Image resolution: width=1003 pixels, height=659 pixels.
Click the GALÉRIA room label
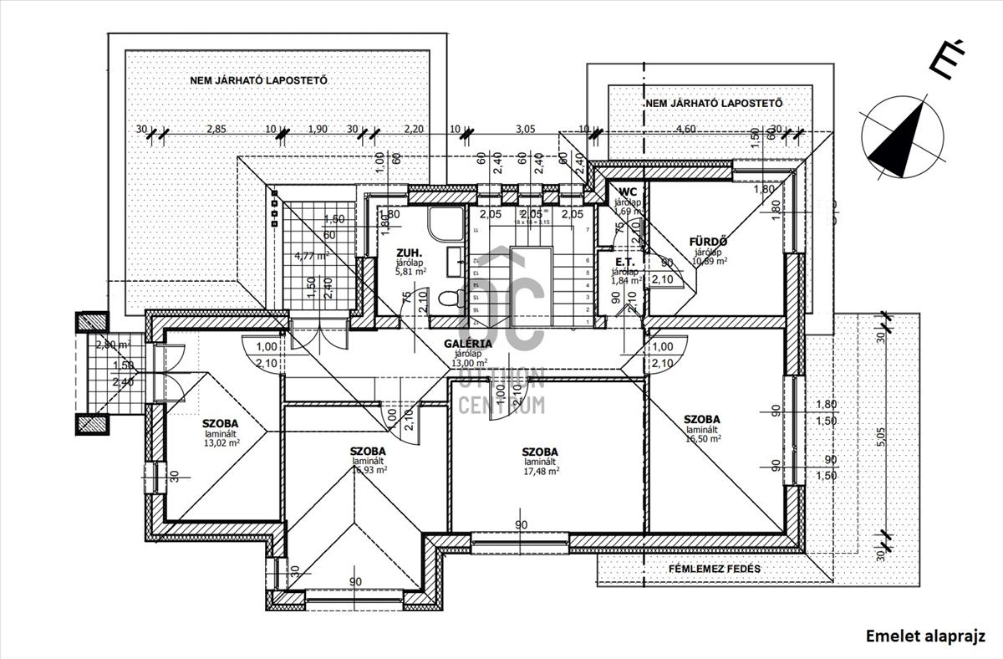click(x=468, y=343)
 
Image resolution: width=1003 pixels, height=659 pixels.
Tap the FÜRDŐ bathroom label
click(x=708, y=242)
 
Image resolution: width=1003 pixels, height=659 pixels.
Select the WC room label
click(x=628, y=192)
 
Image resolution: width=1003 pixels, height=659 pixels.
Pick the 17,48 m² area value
click(x=541, y=471)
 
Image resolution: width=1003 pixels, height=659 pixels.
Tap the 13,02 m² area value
click(x=221, y=443)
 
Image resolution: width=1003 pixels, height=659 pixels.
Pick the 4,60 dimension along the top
click(x=685, y=129)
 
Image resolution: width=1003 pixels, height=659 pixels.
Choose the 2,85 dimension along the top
click(x=216, y=129)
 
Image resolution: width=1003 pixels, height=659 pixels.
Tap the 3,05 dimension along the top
click(x=525, y=129)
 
